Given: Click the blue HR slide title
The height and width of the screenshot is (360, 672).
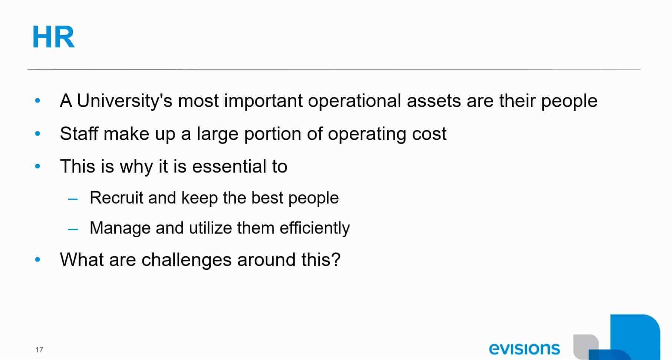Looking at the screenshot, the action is click(x=53, y=37).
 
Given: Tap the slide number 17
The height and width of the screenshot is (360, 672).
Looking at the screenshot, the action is click(x=39, y=350).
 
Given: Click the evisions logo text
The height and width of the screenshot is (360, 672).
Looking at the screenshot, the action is click(x=524, y=349).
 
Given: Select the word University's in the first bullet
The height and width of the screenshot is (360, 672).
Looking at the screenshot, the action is click(x=125, y=101).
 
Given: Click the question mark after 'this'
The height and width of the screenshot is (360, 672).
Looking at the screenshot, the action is click(x=336, y=259).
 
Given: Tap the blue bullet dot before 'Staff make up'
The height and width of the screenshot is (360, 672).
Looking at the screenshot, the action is click(x=37, y=133).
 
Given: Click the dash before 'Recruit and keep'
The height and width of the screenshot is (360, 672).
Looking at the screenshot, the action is click(x=73, y=199).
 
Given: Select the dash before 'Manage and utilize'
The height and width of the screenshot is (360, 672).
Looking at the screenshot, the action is click(x=73, y=229).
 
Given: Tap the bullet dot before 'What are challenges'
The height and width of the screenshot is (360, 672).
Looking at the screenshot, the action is click(x=37, y=260).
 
